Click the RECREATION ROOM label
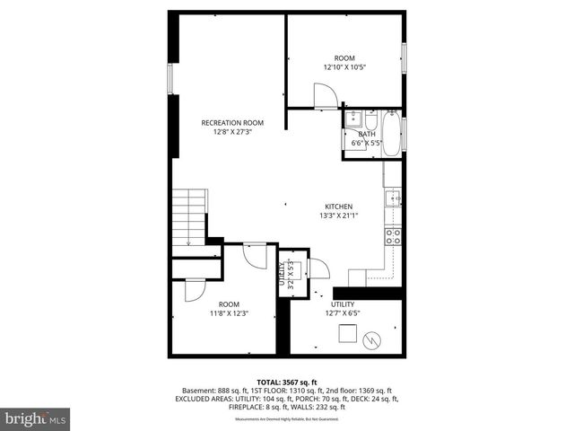coord(231,122)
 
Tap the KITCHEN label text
coord(338,206)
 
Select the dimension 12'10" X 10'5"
coord(344,66)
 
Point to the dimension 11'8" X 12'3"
coord(229,313)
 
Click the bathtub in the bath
coord(393,131)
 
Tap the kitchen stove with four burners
coord(393,236)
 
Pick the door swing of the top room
coord(325,95)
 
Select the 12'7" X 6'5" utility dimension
coord(342,313)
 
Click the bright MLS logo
coord(36,418)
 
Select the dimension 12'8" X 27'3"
coord(231,131)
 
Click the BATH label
coord(367,135)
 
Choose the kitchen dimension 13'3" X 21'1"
coord(338,215)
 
